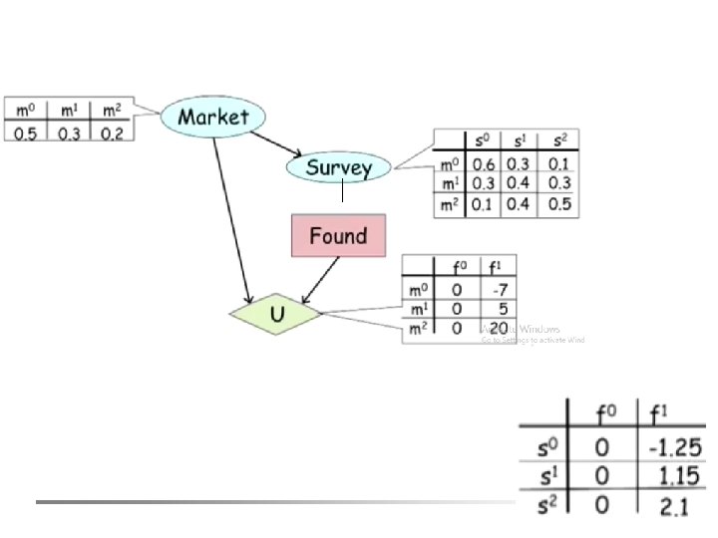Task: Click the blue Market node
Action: (212, 116)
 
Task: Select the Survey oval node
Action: (338, 167)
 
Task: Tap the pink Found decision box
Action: (338, 236)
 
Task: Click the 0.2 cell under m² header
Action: (112, 133)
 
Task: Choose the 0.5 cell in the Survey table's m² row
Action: (559, 205)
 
